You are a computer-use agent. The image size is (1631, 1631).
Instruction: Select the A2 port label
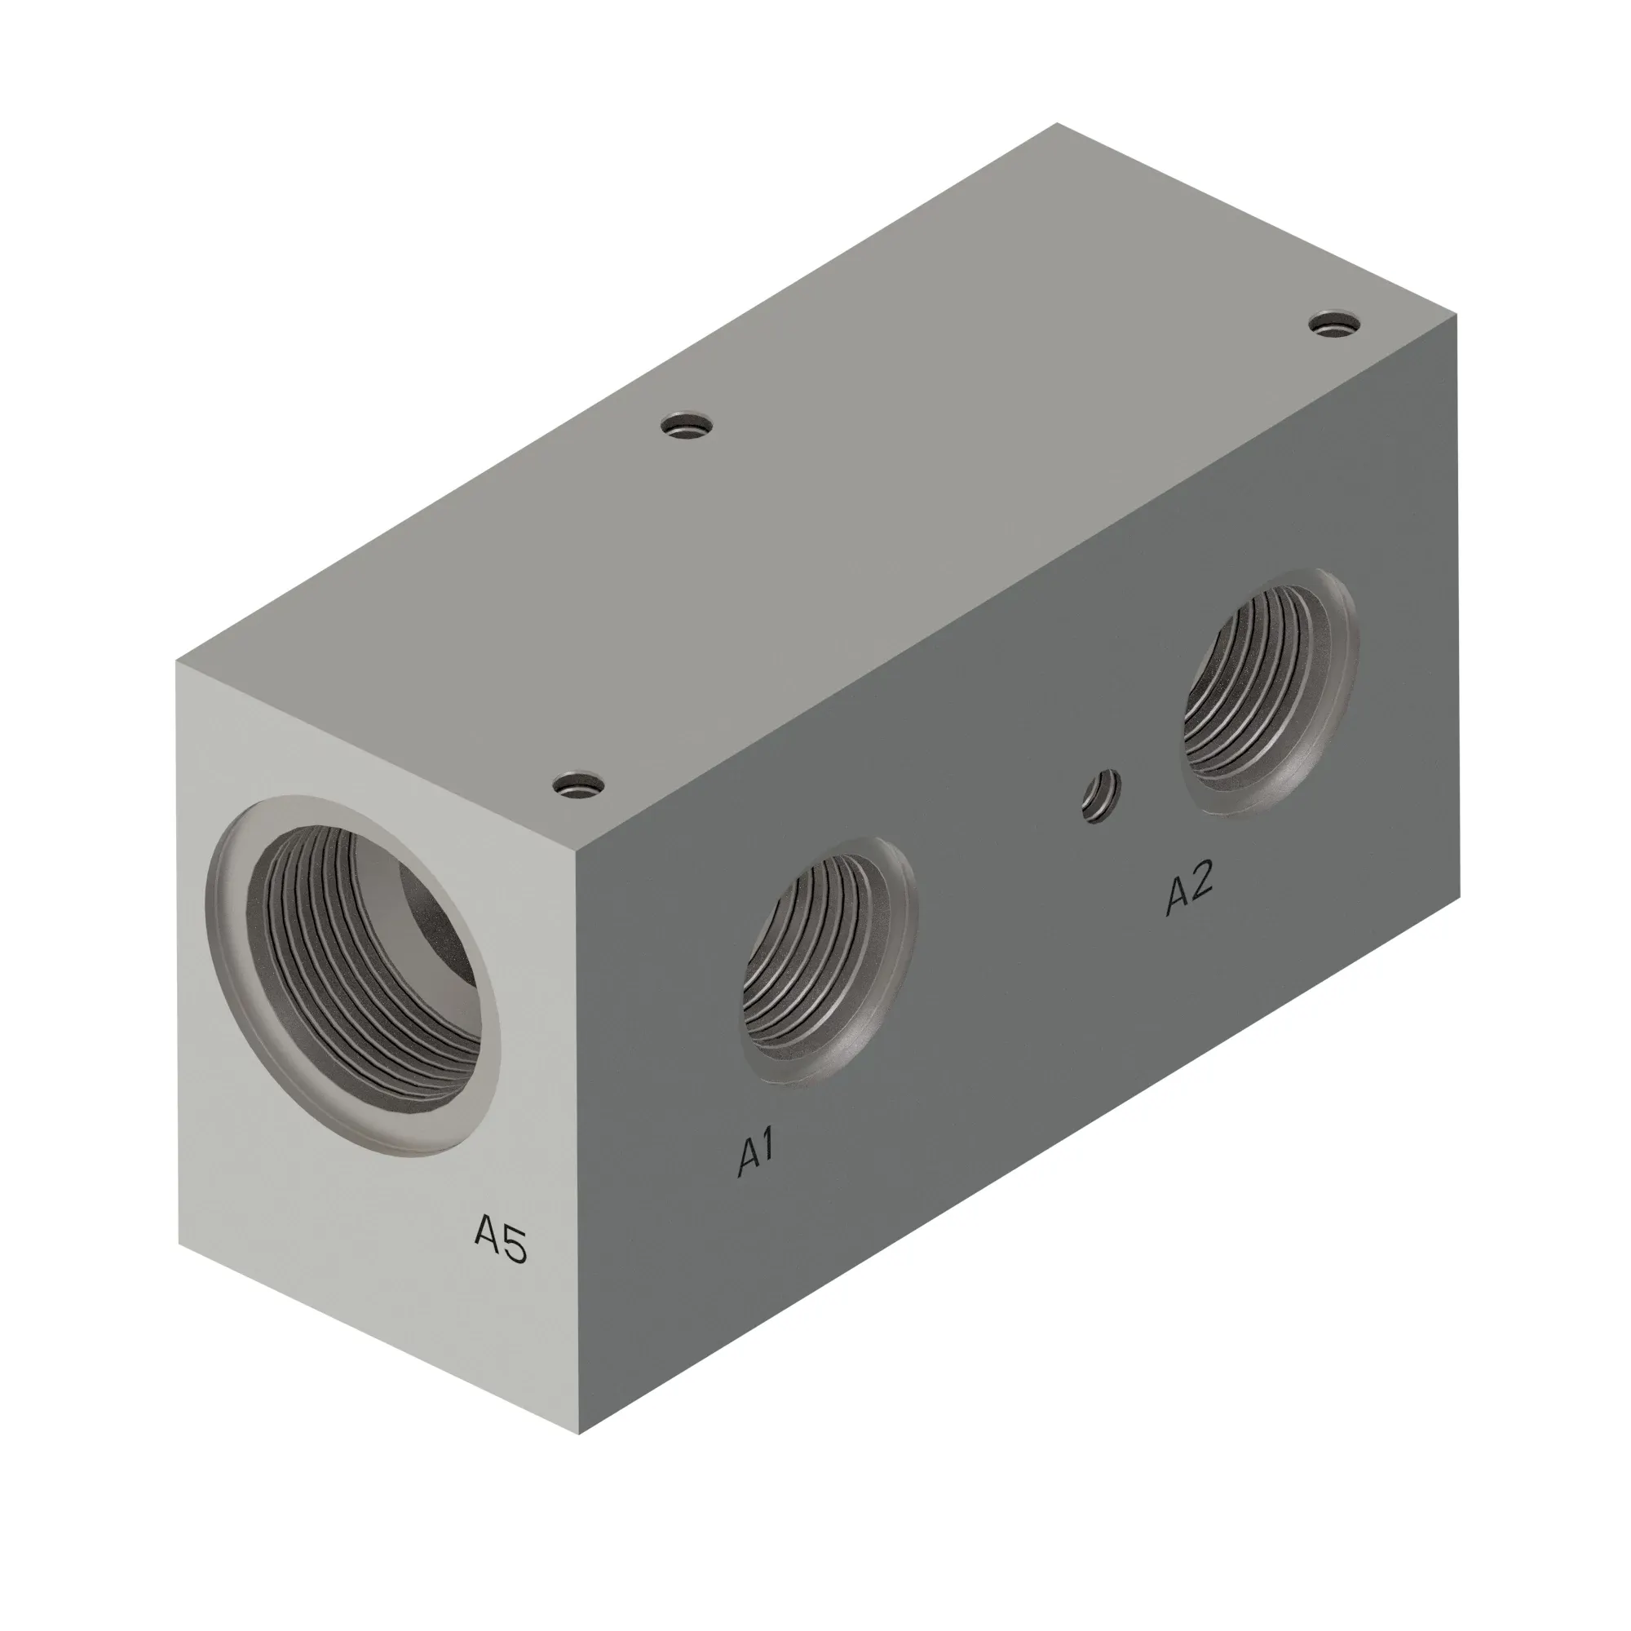1190,888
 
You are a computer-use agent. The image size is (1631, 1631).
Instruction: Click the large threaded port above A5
354,976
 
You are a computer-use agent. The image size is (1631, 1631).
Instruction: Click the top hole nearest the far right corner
1336,325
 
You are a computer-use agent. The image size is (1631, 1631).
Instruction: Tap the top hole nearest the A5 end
581,786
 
